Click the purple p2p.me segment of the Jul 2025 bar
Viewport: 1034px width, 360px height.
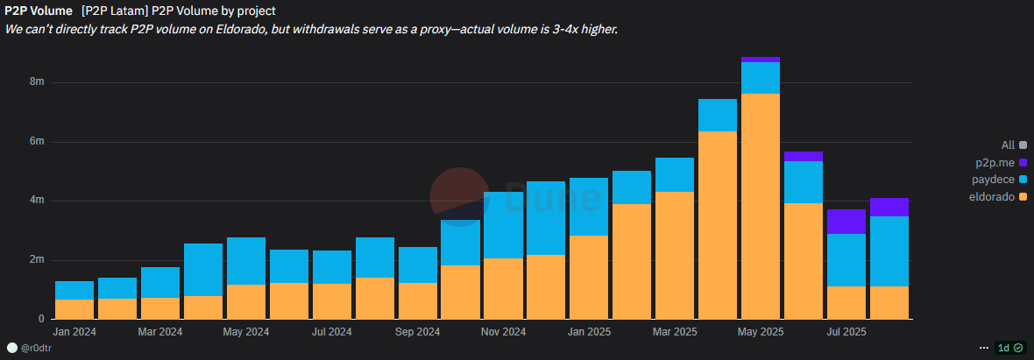tap(846, 222)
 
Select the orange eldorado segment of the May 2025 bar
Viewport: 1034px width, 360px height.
tap(761, 206)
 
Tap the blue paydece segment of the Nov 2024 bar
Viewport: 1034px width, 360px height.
tap(504, 225)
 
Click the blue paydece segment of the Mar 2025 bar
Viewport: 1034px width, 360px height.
tap(675, 175)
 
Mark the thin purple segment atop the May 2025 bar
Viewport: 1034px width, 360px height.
tap(761, 60)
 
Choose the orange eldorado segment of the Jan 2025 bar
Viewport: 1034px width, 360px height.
tap(589, 277)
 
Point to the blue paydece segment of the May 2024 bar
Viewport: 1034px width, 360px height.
tap(246, 261)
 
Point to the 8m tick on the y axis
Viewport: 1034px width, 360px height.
tap(37, 82)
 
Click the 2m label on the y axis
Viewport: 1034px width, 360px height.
tap(37, 260)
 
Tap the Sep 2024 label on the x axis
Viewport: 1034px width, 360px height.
tap(418, 333)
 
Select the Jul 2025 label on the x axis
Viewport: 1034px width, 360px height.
tap(846, 333)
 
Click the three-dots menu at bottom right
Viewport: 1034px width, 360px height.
tap(982, 348)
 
